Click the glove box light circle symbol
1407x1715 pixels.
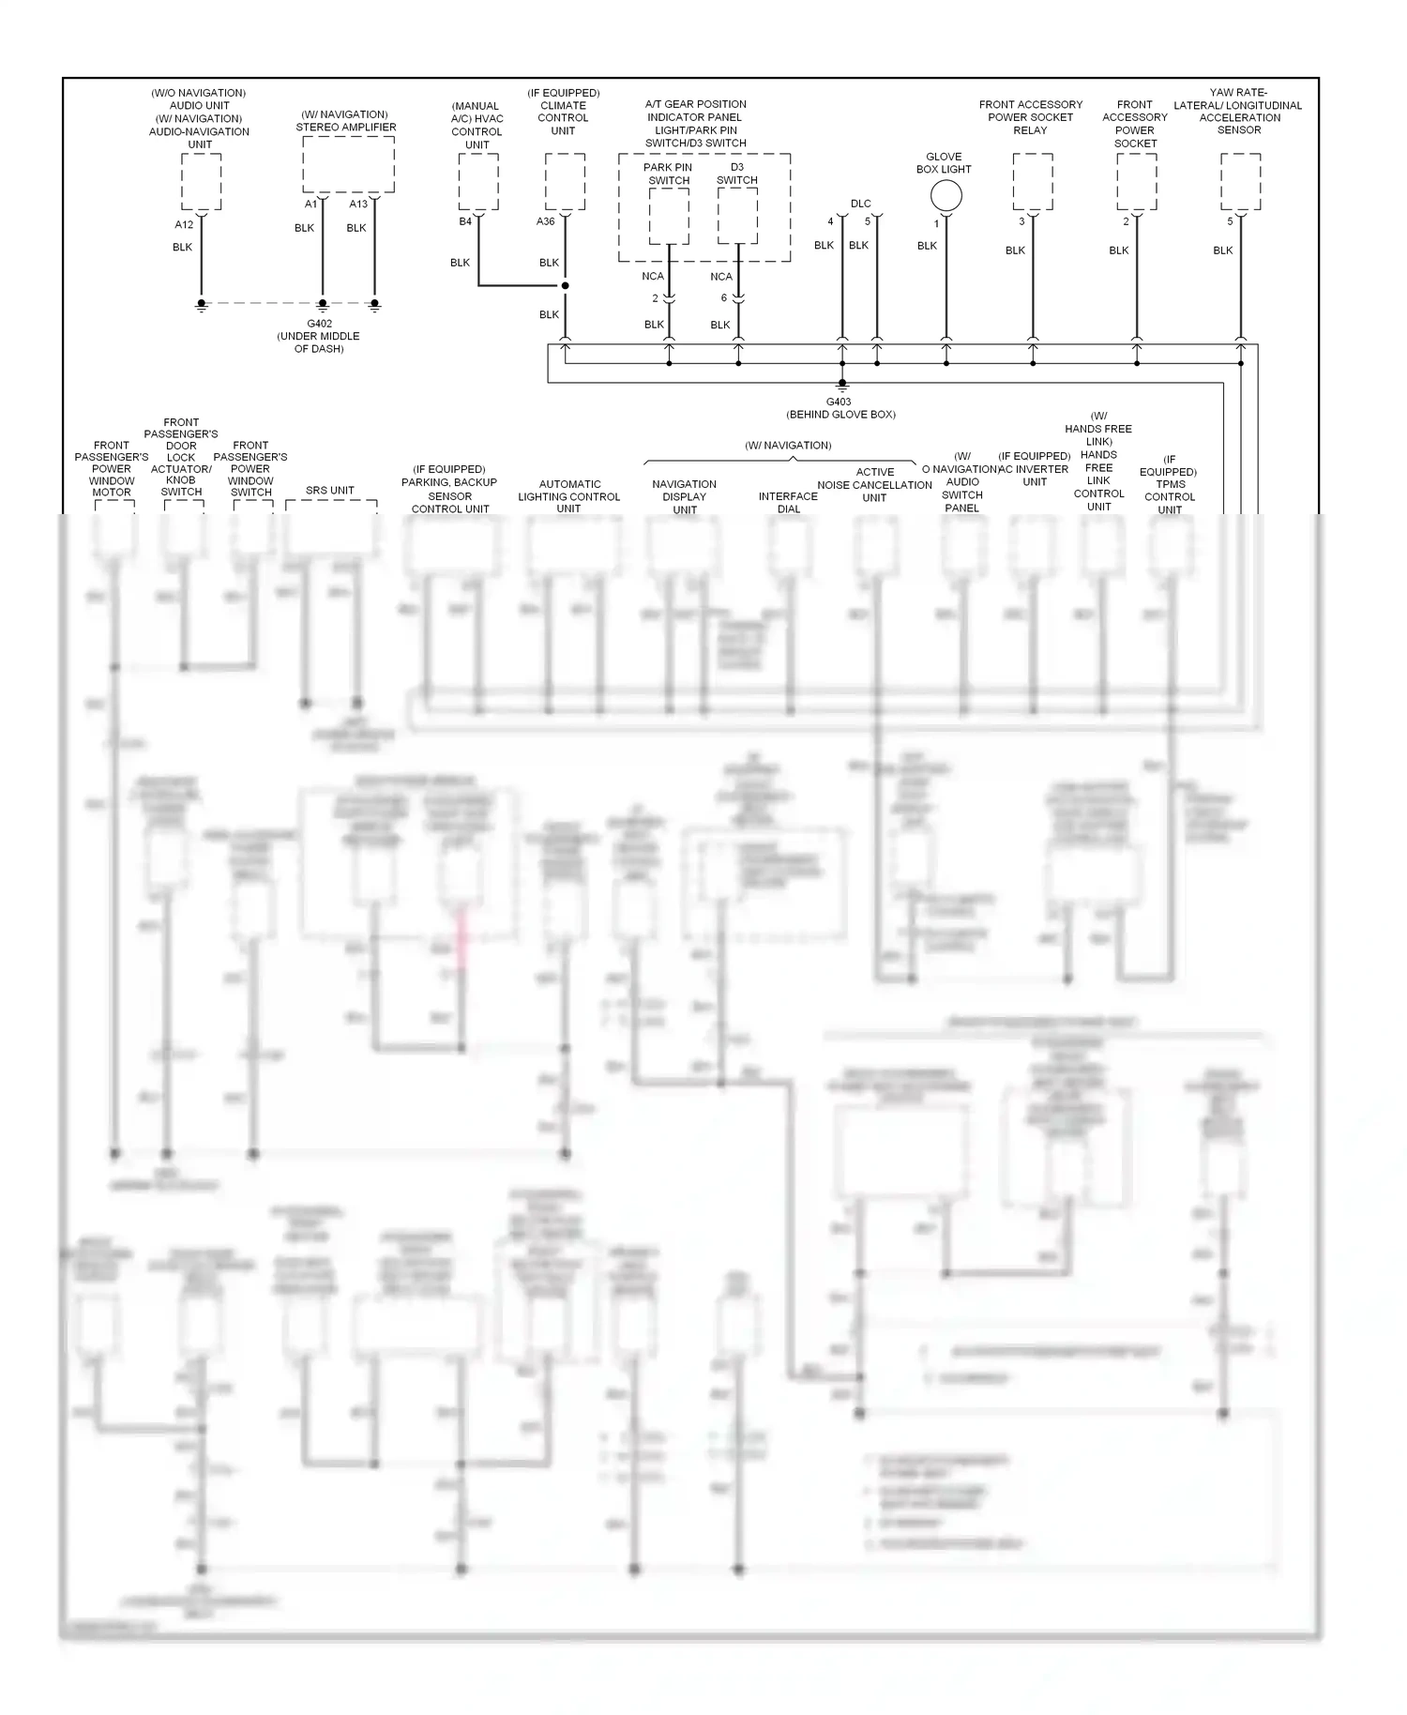coord(946,195)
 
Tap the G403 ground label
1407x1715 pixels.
coord(839,402)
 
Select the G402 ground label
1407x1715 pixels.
coord(319,324)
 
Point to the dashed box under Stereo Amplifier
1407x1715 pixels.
coord(348,164)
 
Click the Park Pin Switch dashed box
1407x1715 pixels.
coord(669,216)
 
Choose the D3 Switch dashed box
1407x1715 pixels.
coord(738,216)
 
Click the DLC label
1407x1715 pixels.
coord(860,204)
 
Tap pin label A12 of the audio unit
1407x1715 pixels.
coord(184,224)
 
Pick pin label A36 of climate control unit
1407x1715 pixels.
coord(545,221)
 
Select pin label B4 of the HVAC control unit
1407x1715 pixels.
coord(465,221)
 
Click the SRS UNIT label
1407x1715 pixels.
coord(330,490)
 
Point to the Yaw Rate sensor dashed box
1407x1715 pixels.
coord(1240,182)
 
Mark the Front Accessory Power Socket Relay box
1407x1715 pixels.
coord(1033,182)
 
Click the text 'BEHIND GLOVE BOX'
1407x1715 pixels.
coord(840,415)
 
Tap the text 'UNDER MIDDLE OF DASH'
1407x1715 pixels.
coord(319,342)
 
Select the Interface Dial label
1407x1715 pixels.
coord(788,503)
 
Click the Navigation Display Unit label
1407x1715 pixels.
coord(685,497)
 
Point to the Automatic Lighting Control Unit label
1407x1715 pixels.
coord(569,496)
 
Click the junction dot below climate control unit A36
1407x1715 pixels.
coord(565,285)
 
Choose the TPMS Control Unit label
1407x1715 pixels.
coord(1170,491)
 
